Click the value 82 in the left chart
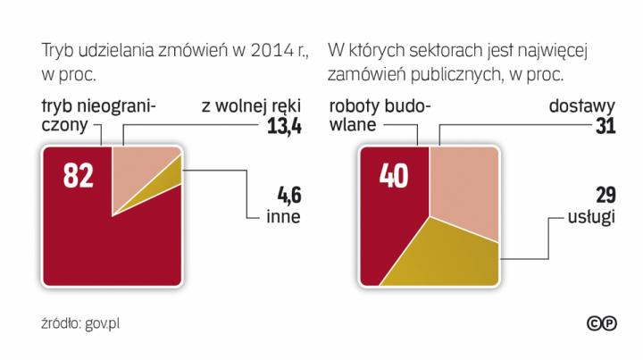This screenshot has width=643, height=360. click(x=79, y=176)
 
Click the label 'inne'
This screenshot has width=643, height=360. click(x=283, y=216)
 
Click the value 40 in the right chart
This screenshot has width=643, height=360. click(x=393, y=176)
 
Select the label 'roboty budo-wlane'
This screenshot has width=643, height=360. click(x=380, y=116)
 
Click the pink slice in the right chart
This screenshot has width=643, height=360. click(x=464, y=183)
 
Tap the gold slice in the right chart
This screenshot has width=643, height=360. click(x=451, y=255)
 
